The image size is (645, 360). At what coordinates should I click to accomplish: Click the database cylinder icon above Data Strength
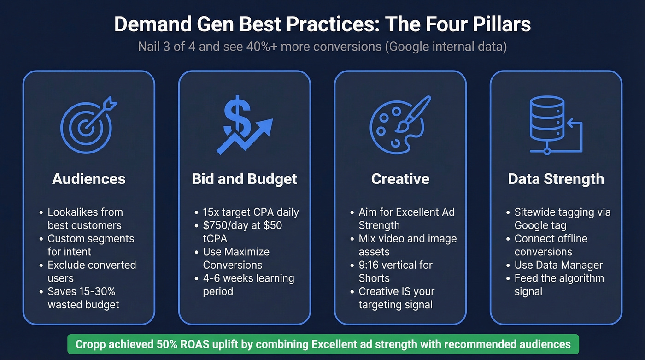(547, 119)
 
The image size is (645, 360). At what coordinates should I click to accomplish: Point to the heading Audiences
(89, 179)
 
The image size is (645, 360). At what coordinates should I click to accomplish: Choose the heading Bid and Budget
(245, 179)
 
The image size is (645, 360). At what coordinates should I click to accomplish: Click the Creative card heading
(400, 179)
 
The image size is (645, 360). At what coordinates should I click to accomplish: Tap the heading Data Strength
(556, 179)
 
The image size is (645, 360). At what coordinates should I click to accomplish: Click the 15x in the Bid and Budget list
(211, 212)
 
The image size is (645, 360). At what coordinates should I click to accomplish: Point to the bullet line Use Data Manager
(558, 265)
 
